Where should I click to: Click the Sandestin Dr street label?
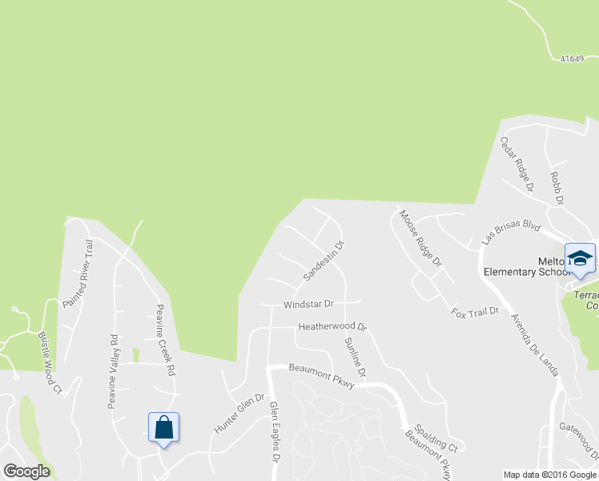click(x=324, y=261)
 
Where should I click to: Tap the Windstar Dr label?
click(x=308, y=305)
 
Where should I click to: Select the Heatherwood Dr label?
click(x=332, y=327)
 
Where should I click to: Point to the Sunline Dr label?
click(x=356, y=358)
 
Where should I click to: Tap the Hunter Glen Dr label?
click(x=239, y=414)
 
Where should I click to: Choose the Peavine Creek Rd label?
click(x=165, y=341)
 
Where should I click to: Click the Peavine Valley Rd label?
click(x=113, y=372)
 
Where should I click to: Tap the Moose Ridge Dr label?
click(x=420, y=238)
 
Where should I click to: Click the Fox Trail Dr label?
click(x=475, y=311)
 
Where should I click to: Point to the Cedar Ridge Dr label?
click(x=517, y=164)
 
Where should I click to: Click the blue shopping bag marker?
click(x=163, y=428)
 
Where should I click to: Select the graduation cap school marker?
click(x=580, y=259)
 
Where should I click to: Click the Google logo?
click(x=26, y=471)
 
